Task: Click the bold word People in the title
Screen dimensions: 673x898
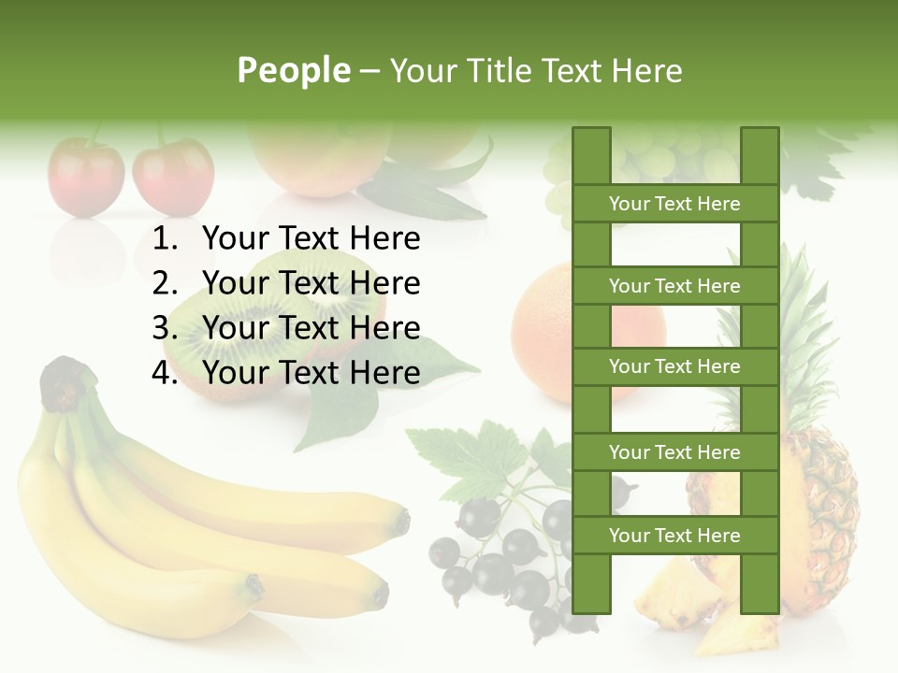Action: pos(293,71)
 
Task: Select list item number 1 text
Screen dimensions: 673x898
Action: pos(311,239)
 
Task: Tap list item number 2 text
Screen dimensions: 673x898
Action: pos(311,283)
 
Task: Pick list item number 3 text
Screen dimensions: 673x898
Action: pos(311,328)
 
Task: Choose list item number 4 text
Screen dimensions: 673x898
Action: pos(311,373)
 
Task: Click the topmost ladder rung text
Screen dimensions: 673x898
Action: pos(674,204)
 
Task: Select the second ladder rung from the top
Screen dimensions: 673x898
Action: pos(674,286)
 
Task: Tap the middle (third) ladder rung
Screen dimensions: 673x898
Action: pos(674,366)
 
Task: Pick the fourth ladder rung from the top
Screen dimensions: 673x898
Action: pos(674,452)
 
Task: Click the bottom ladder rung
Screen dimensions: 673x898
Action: pos(674,536)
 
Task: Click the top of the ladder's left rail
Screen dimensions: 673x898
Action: pos(591,140)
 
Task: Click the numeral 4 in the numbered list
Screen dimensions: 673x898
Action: pos(164,373)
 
